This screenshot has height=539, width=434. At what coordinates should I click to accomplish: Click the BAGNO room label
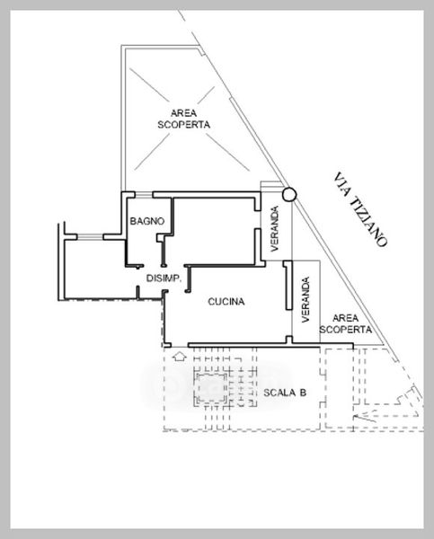(x=146, y=221)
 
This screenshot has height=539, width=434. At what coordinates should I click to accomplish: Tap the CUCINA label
(x=226, y=302)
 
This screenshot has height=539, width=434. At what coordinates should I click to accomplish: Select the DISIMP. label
(x=164, y=278)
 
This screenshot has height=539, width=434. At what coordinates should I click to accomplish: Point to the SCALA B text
(x=285, y=393)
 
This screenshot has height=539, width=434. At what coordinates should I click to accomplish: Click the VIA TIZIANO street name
(x=360, y=209)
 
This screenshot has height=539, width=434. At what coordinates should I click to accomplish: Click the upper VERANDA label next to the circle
(x=274, y=228)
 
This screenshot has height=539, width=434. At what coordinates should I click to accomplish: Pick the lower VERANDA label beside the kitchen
(x=306, y=300)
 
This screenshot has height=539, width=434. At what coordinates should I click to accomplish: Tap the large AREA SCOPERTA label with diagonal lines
(x=183, y=119)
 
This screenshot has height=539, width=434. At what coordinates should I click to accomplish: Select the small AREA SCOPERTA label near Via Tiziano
(x=346, y=323)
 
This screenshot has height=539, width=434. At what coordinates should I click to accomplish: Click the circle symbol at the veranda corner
(x=289, y=194)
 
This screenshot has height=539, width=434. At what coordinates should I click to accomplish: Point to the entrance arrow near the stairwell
(x=179, y=357)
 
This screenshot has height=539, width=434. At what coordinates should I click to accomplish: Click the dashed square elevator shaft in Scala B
(x=210, y=388)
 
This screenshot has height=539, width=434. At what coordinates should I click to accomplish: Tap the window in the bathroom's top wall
(x=144, y=195)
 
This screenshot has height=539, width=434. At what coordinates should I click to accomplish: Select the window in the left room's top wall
(x=90, y=236)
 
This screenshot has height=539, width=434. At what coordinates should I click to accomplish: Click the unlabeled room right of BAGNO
(x=214, y=231)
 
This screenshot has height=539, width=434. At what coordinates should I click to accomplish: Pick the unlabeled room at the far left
(x=94, y=268)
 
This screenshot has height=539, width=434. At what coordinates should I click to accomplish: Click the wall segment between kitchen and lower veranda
(x=288, y=286)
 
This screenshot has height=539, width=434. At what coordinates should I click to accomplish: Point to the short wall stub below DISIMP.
(x=137, y=293)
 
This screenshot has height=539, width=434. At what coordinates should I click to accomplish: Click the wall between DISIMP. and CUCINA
(x=188, y=278)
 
